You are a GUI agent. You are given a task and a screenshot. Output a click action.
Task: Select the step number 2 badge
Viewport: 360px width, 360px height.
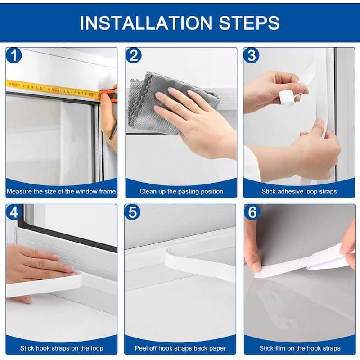[x=134, y=56]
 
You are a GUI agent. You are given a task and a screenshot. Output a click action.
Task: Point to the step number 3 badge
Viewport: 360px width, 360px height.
[x=252, y=56]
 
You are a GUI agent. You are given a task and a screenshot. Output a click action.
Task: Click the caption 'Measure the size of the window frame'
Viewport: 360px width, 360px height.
[x=61, y=191]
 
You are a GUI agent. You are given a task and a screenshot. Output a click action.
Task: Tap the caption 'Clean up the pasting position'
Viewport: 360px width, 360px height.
[x=181, y=191]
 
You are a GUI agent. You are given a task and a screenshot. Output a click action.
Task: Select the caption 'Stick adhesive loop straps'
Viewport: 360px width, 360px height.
[x=299, y=191]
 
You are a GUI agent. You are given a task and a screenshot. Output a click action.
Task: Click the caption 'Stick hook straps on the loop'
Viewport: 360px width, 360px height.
[x=61, y=348]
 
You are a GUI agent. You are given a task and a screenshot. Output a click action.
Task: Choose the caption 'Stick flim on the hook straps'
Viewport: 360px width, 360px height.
[x=300, y=348]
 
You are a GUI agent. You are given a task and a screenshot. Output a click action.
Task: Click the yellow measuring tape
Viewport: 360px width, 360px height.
[x=49, y=88]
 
